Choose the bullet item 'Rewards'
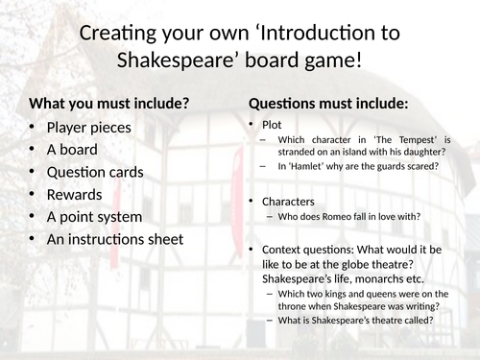click(75, 194)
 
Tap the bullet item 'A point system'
click(95, 216)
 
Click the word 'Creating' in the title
click(117, 34)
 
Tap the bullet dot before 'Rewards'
click(35, 194)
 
